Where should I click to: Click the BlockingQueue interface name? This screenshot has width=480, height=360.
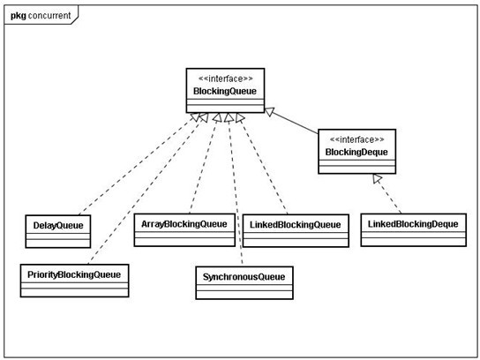click(224, 91)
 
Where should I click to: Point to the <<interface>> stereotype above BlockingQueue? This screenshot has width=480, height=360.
click(224, 79)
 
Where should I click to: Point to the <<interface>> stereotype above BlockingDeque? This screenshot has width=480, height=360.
click(356, 139)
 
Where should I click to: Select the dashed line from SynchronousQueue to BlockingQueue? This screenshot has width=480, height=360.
click(235, 194)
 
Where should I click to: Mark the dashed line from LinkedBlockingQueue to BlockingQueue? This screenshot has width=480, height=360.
click(265, 168)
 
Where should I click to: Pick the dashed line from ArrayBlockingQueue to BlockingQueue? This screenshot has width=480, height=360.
click(205, 168)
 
